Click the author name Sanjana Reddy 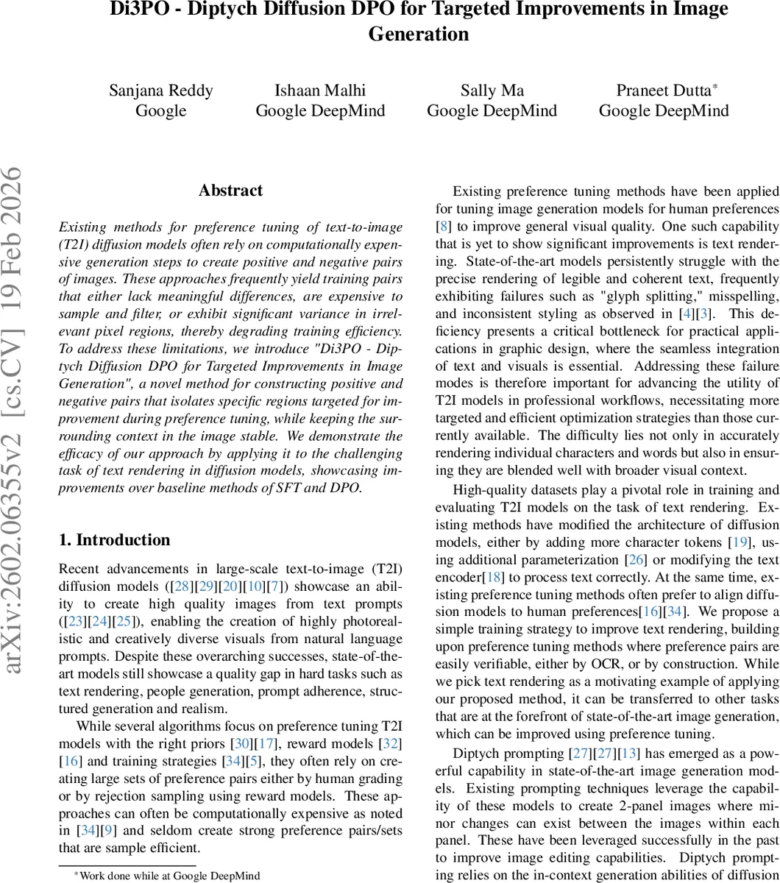[x=161, y=91]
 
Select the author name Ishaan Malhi [x=320, y=91]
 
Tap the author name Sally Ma [x=492, y=91]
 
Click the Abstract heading [x=230, y=190]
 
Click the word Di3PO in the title [x=141, y=10]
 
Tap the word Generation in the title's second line [x=418, y=34]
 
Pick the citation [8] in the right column [x=444, y=226]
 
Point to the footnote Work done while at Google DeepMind [x=166, y=876]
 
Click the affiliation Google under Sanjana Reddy [x=161, y=111]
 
